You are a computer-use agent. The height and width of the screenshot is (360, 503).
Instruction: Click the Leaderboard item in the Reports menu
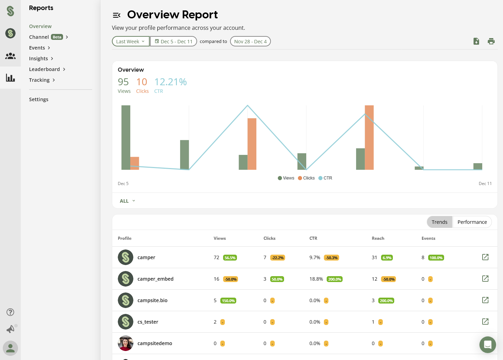[44, 69]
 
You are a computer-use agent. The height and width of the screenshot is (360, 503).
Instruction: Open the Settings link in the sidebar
[38, 99]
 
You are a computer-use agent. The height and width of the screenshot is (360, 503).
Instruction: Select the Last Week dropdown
[131, 42]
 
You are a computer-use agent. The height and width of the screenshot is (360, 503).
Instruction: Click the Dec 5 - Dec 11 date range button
[174, 42]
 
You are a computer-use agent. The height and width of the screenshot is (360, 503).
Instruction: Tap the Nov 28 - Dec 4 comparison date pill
[250, 42]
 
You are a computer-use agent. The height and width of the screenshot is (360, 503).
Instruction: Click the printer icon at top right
[491, 42]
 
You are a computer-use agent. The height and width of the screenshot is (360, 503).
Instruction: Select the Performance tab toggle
[472, 222]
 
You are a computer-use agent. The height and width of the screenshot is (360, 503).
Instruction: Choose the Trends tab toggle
[439, 222]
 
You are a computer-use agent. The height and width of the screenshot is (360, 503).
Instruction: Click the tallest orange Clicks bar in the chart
[369, 137]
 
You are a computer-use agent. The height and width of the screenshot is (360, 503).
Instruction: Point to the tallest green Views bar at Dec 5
[126, 137]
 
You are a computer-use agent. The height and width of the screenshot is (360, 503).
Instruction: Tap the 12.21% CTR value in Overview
[170, 82]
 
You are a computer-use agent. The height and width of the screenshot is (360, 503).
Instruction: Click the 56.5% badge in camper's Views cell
[230, 258]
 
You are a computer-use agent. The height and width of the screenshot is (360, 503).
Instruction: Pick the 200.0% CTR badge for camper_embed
[334, 279]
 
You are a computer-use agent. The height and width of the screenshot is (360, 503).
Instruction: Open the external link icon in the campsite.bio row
[485, 300]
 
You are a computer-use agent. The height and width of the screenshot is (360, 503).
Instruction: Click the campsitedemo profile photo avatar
[125, 343]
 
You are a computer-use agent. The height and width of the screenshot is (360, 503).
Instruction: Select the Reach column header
[378, 238]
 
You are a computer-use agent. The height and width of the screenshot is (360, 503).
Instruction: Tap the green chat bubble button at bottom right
[487, 345]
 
